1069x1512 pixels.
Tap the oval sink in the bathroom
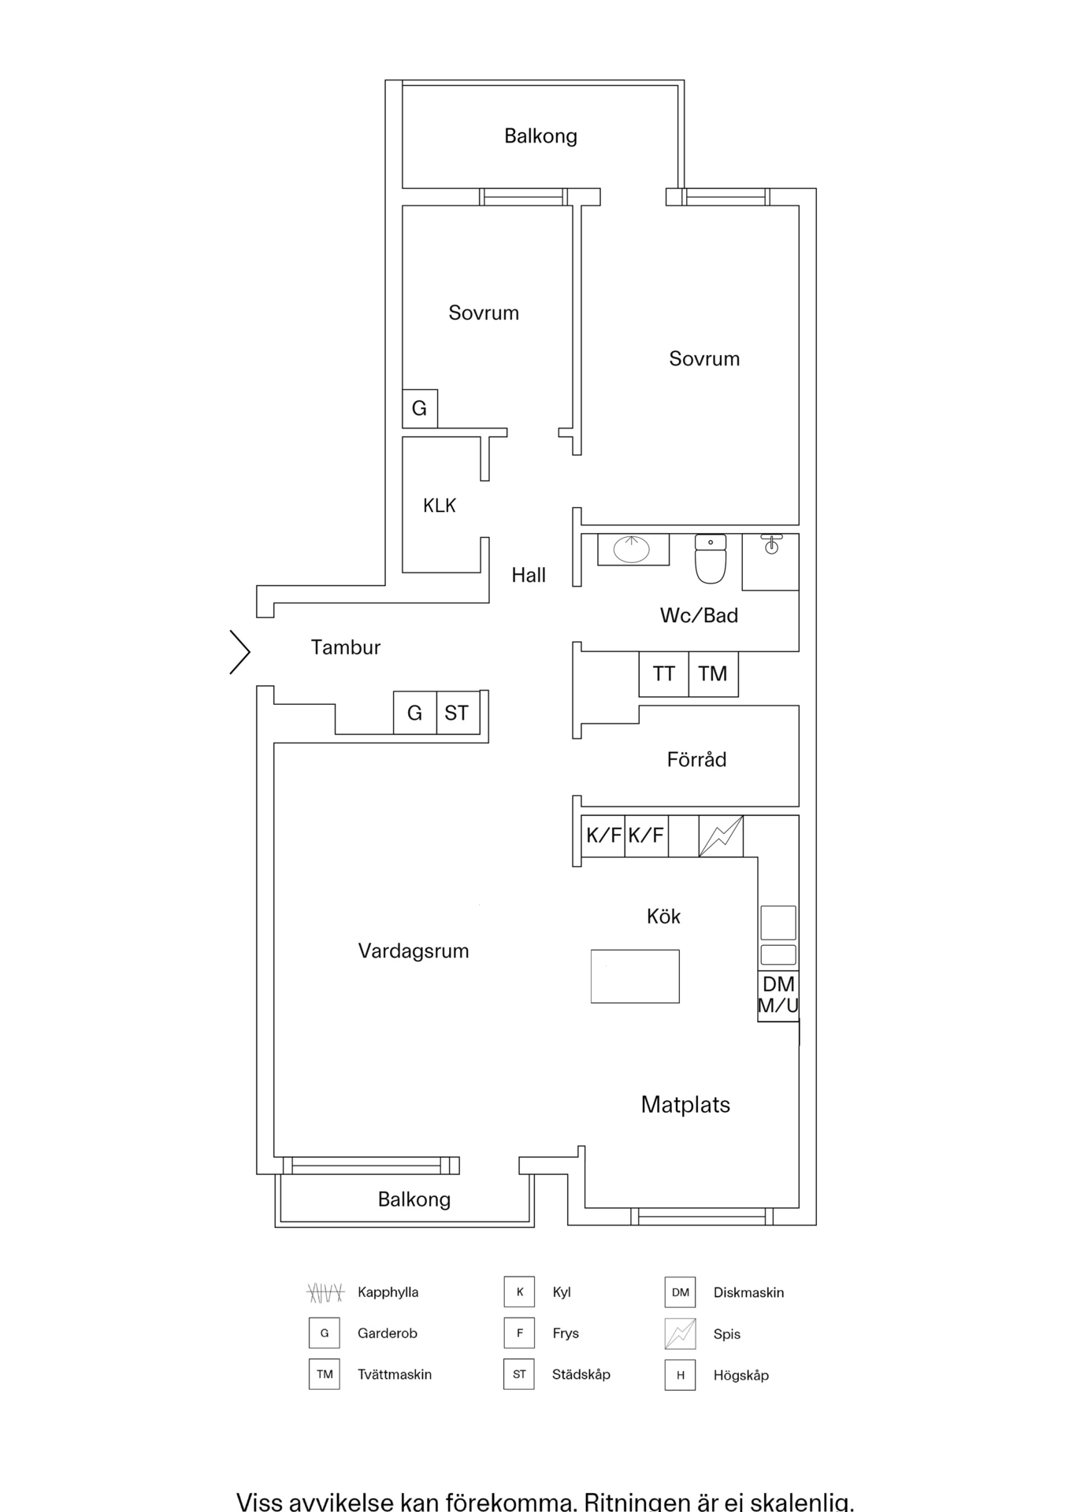point(632,549)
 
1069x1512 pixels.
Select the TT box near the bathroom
point(664,674)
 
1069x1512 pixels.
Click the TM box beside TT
point(714,674)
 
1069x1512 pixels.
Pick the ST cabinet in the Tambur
point(458,713)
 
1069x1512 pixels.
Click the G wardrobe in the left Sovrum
point(420,409)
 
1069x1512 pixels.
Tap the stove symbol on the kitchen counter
point(721,836)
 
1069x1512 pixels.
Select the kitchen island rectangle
point(635,976)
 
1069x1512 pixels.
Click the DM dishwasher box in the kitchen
point(778,996)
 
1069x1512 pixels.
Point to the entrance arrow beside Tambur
point(239,652)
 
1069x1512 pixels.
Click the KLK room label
point(440,506)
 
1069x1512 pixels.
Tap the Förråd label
point(696,759)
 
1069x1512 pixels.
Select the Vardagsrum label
point(414,951)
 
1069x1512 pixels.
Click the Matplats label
point(685,1105)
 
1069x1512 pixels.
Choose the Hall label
point(529,576)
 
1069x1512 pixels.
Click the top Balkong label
point(540,136)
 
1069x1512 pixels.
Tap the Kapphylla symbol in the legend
point(325,1292)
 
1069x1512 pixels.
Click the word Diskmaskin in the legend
point(748,1292)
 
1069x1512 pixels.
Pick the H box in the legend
point(680,1375)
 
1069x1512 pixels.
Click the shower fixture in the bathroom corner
point(771,543)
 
